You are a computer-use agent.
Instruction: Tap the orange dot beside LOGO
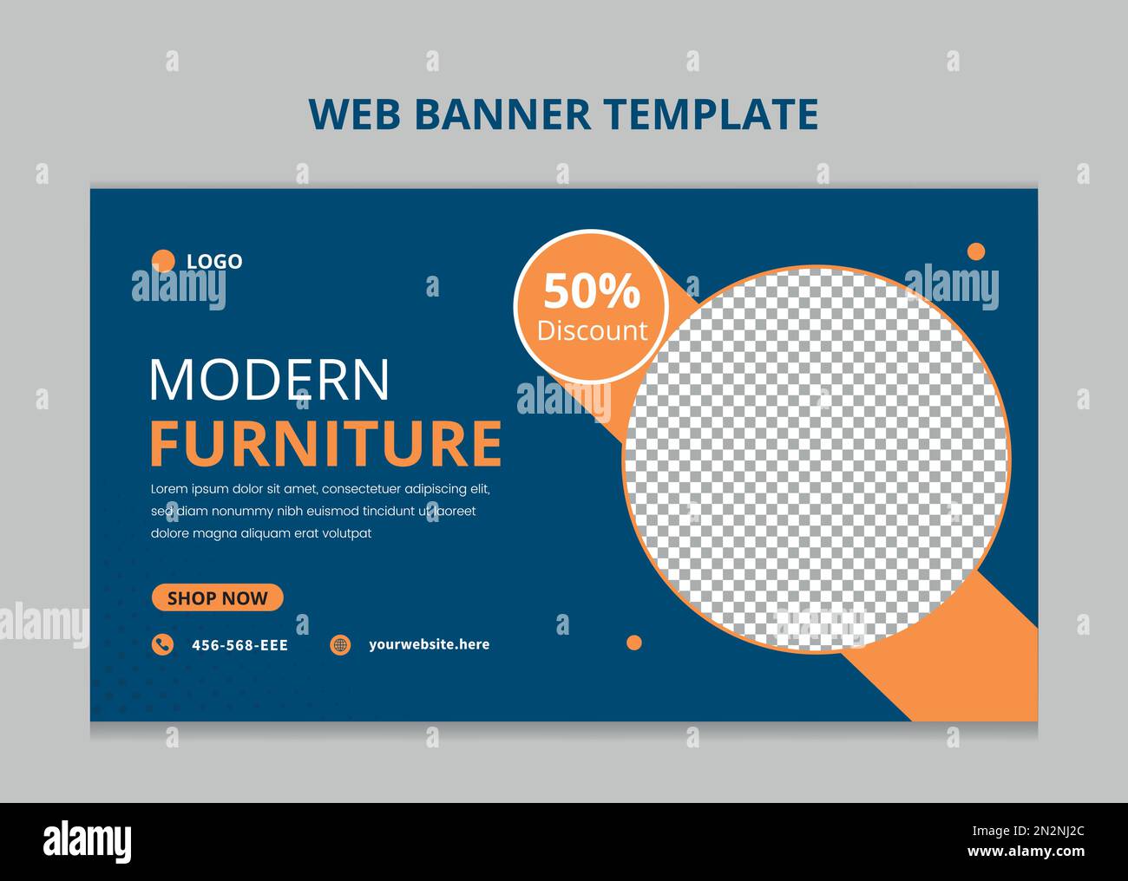163,261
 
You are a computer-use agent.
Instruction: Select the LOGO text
214,261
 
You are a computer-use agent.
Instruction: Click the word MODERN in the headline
270,380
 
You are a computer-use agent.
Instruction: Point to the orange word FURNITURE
325,444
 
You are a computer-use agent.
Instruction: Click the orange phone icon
162,644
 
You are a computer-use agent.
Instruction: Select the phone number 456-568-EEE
239,645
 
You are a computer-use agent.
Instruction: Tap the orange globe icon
340,644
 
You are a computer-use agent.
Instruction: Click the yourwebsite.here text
429,644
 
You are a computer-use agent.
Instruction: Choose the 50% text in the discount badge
592,292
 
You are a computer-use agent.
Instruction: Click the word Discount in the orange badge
592,330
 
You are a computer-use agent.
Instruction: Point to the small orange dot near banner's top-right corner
976,251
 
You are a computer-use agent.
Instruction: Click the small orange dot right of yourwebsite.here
634,643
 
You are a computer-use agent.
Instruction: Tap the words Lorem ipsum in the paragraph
189,489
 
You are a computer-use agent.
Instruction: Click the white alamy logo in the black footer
87,841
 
